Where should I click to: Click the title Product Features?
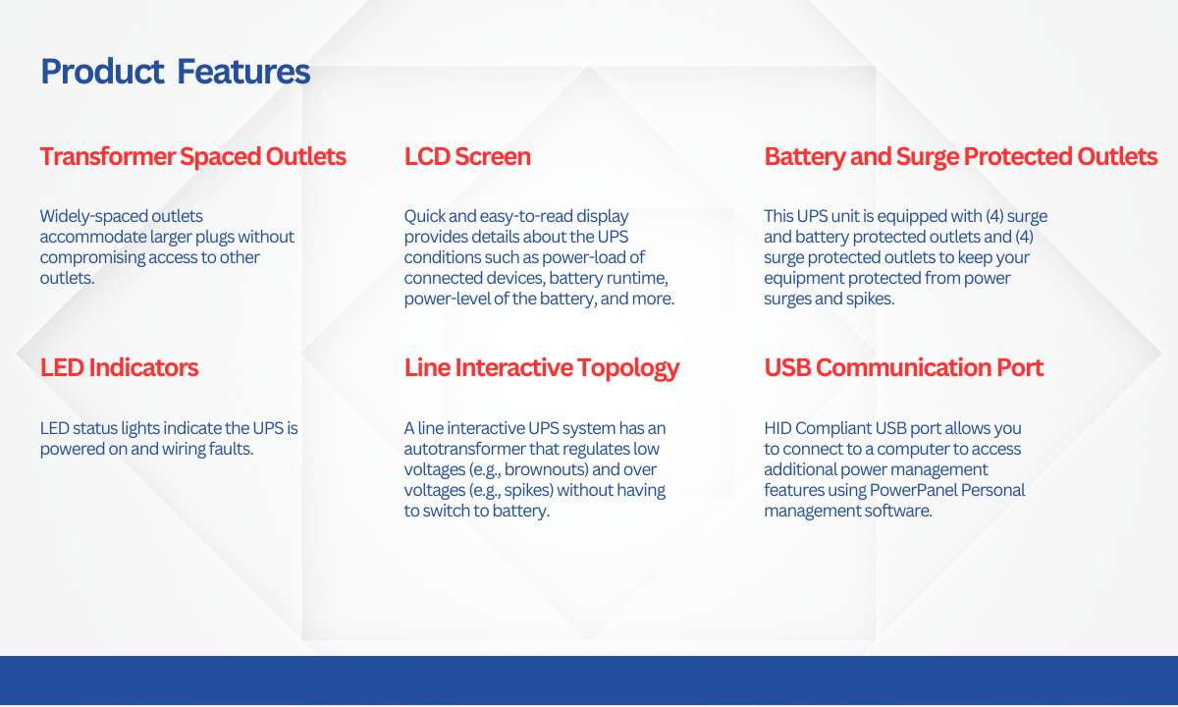pyautogui.click(x=175, y=72)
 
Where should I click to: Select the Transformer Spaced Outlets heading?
pyautogui.click(x=193, y=157)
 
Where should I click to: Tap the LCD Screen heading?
pyautogui.click(x=467, y=157)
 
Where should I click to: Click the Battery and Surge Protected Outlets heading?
pyautogui.click(x=961, y=157)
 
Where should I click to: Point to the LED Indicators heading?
pyautogui.click(x=120, y=367)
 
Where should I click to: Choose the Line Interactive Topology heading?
pyautogui.click(x=542, y=368)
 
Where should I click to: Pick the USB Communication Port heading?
pyautogui.click(x=903, y=367)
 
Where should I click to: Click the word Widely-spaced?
pyautogui.click(x=93, y=216)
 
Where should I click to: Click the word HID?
pyautogui.click(x=777, y=428)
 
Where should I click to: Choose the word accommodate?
pyautogui.click(x=92, y=237)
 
